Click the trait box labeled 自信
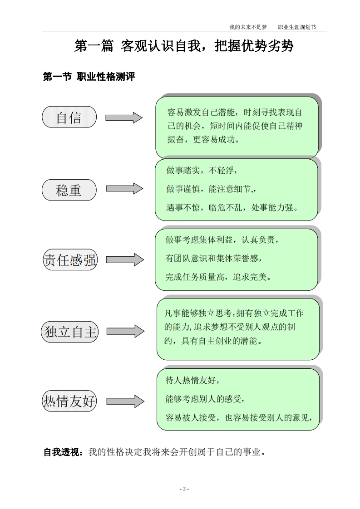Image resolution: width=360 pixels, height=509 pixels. point(69,117)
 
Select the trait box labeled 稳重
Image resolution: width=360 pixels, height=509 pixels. point(69,190)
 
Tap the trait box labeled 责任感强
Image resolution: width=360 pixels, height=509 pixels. point(70,260)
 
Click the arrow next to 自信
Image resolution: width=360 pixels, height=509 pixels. point(124,117)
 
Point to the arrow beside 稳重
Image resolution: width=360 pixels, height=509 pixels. point(124,189)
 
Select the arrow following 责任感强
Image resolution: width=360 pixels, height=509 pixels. point(125,259)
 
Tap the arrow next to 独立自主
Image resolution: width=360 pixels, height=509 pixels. point(126,331)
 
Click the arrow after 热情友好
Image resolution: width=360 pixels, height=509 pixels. point(126,401)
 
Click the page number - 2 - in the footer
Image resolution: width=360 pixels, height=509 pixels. point(184,489)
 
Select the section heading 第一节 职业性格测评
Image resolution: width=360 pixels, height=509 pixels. point(89,77)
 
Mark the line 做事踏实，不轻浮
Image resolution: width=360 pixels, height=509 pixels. point(202,171)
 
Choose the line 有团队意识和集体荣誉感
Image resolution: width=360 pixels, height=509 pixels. point(214,258)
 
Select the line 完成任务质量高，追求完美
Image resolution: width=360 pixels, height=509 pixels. point(218,276)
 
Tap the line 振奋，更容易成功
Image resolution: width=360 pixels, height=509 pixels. point(203,139)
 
